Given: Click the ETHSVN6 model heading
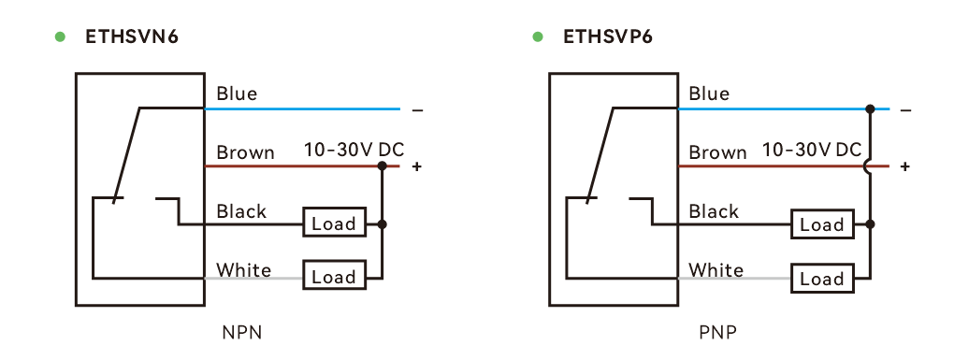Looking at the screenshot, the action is [x=132, y=37].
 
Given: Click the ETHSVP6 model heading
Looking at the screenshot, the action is [x=607, y=37].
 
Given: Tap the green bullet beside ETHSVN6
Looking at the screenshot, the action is [x=60, y=37].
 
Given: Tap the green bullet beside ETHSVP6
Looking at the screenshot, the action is [x=538, y=37].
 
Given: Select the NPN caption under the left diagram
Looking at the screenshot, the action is [x=242, y=333].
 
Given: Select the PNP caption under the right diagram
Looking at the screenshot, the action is [x=717, y=333].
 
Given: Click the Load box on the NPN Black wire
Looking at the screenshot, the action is [x=334, y=223].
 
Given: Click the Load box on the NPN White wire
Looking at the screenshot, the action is [x=334, y=276].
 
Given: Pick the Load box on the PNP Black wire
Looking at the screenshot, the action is [x=822, y=224].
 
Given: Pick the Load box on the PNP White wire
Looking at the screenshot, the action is [x=822, y=279].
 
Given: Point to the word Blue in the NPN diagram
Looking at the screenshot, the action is [x=237, y=94].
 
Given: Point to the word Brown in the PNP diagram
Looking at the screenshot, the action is [x=717, y=151].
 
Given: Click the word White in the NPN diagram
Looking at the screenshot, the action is [x=243, y=270].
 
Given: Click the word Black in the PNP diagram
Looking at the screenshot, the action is [x=714, y=211].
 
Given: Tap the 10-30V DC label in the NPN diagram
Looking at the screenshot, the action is [x=354, y=150].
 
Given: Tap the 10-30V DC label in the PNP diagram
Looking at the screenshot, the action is [x=812, y=150].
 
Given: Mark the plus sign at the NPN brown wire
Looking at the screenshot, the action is [x=417, y=166].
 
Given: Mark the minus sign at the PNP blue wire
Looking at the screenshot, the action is [x=905, y=110].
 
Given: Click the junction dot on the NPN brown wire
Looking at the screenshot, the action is [x=382, y=166].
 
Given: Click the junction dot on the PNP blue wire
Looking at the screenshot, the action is [x=870, y=109].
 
